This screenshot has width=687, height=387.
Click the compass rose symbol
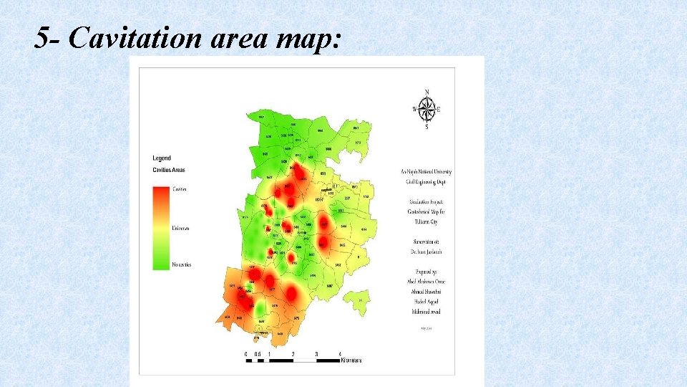pos(427,110)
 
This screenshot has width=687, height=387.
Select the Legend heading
pos(162,158)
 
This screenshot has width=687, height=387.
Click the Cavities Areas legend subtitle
pos(169,170)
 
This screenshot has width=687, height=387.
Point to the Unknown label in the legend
pos(180,229)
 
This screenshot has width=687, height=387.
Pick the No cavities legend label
pos(181,264)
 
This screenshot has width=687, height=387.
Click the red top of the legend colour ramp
pos(160,191)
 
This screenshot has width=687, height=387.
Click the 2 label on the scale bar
pos(293,354)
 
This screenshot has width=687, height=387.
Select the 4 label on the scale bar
pos(339,354)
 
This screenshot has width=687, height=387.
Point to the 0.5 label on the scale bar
pos(256,354)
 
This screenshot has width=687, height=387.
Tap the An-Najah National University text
pos(426,172)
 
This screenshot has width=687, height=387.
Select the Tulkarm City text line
pos(426,222)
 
